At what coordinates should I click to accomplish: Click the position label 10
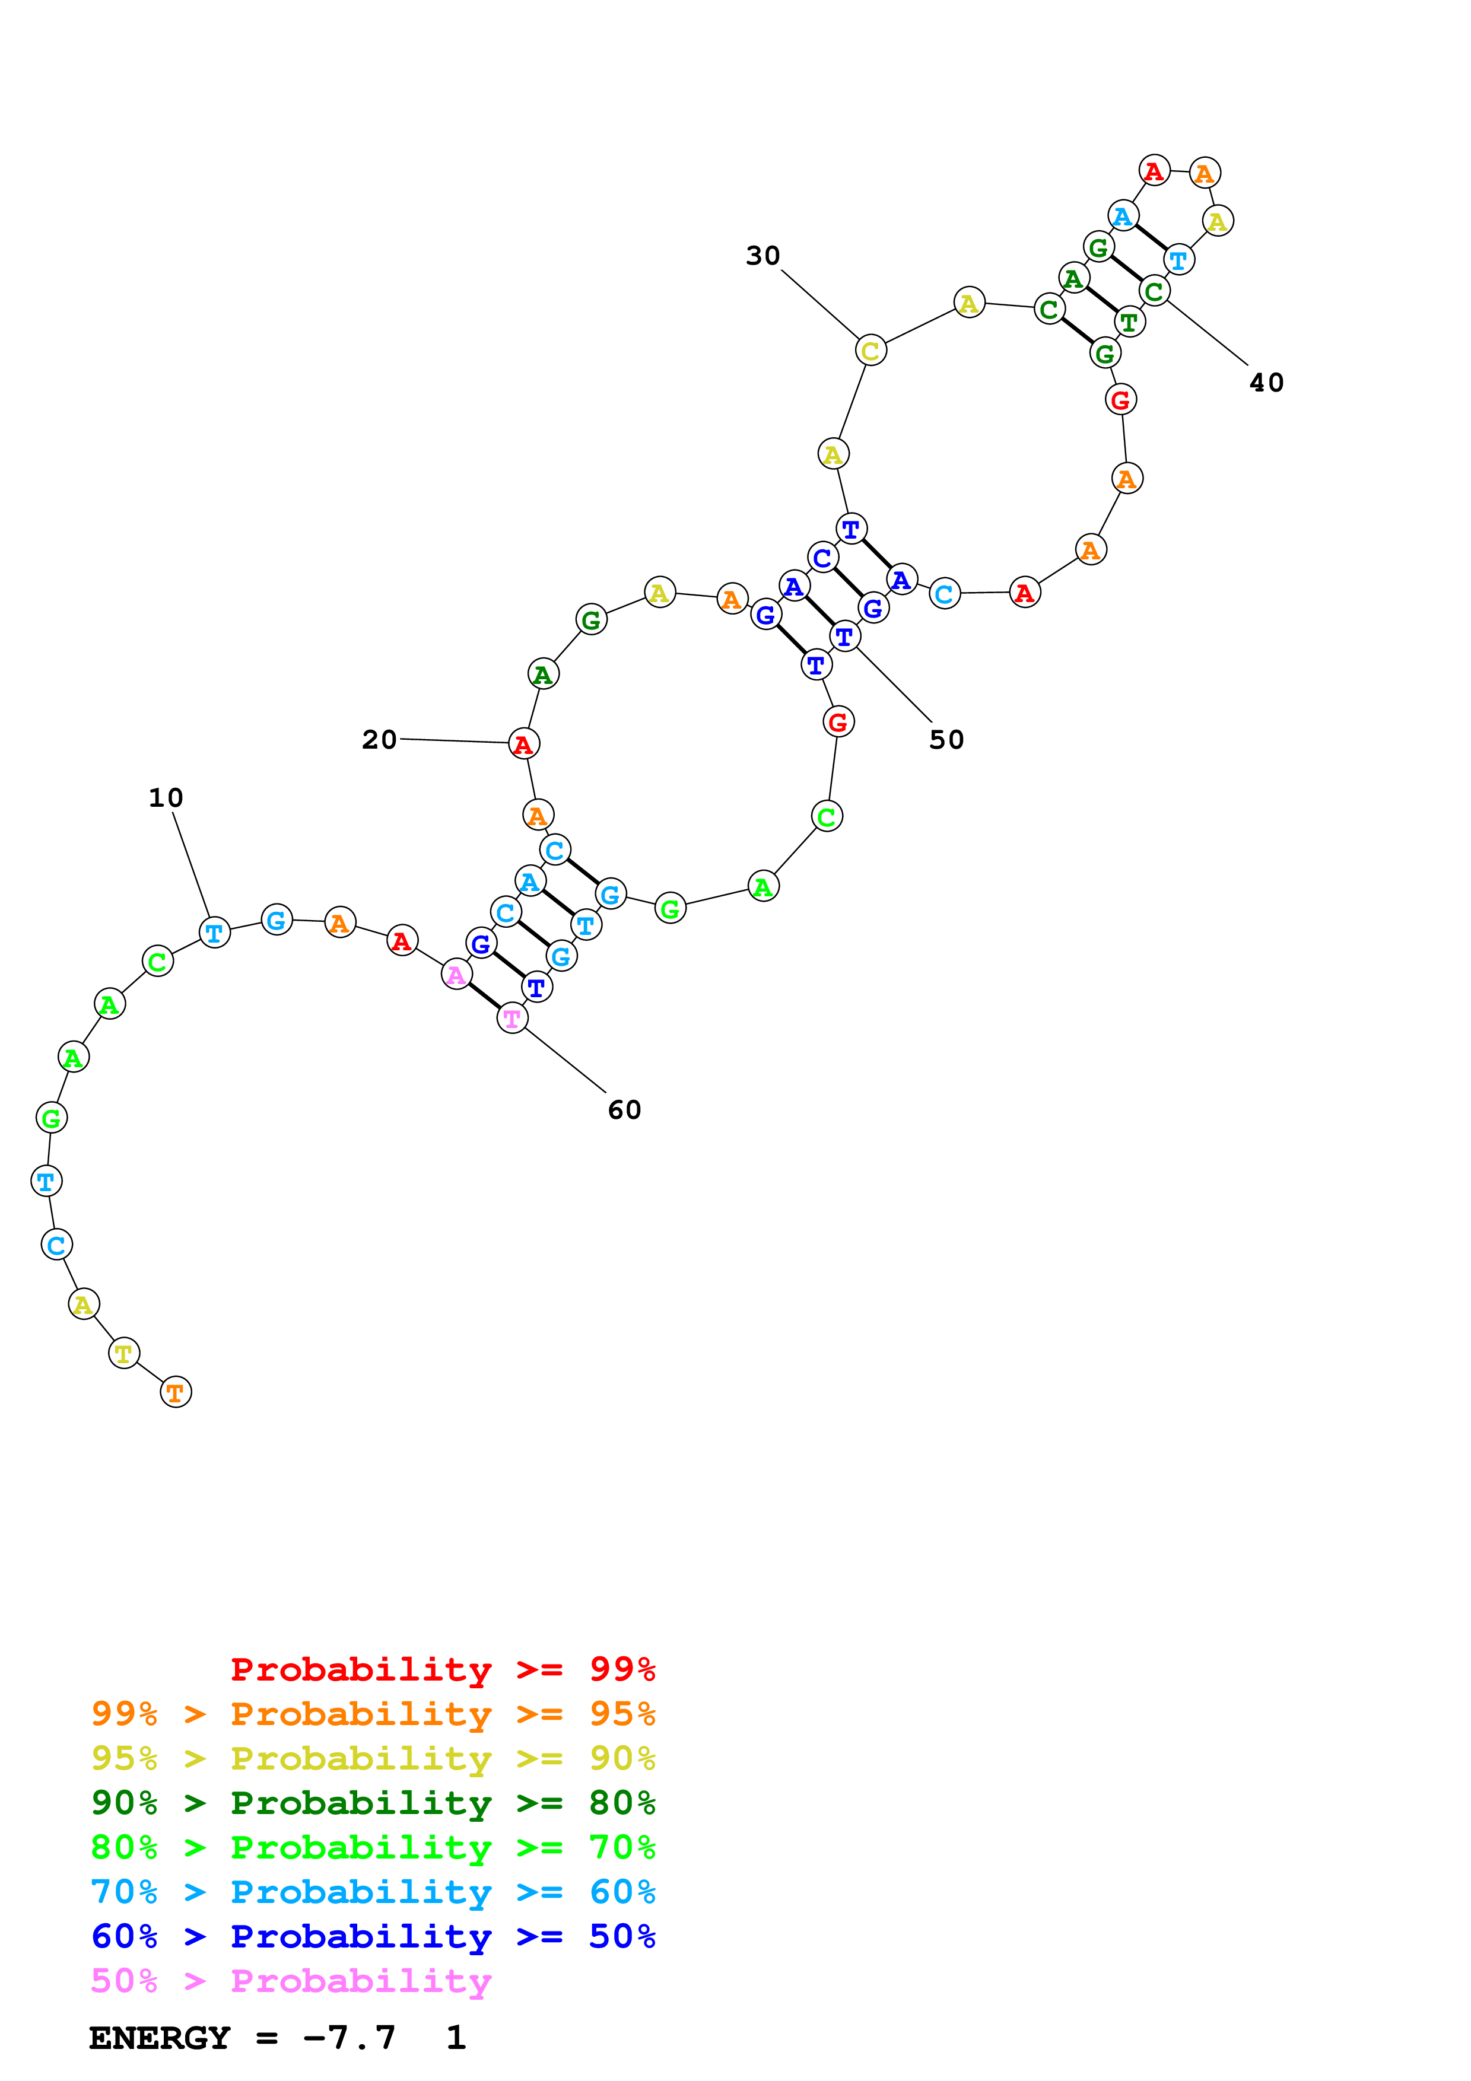(166, 798)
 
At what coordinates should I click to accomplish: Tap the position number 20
(379, 740)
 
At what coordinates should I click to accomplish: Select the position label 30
(762, 256)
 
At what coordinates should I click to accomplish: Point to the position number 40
(1266, 383)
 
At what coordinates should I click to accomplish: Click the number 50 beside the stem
(946, 740)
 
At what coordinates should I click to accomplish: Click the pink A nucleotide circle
(456, 974)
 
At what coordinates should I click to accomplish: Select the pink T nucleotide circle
(512, 1019)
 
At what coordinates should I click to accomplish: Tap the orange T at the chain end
(176, 1392)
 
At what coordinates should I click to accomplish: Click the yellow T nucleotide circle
(124, 1353)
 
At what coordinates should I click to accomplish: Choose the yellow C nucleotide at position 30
(870, 350)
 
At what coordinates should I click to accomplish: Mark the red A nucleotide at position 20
(523, 744)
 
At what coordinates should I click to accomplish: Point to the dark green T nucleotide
(1129, 322)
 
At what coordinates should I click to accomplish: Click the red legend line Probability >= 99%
(442, 1669)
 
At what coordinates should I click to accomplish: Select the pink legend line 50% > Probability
(291, 1981)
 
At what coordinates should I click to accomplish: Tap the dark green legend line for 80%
(373, 1803)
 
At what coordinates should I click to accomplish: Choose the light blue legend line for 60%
(373, 1892)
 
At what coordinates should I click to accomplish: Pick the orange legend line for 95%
(373, 1714)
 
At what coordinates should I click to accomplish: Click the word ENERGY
(160, 2038)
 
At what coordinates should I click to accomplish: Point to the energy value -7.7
(349, 2038)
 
